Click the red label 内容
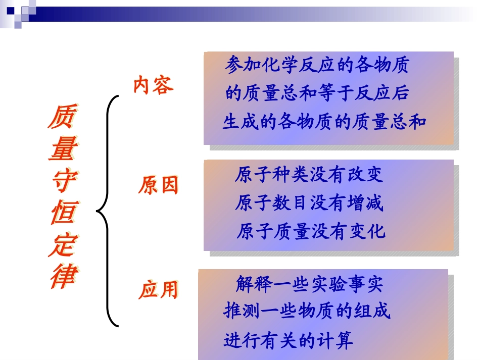[x=153, y=85]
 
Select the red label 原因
[x=159, y=186]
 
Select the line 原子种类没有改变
[x=309, y=175]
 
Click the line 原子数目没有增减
[x=309, y=203]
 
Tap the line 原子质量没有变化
[x=310, y=232]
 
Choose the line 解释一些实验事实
[x=309, y=284]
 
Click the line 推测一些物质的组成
[x=307, y=312]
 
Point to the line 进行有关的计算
[x=289, y=341]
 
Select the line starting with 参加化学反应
[x=316, y=65]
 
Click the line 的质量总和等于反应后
[x=317, y=93]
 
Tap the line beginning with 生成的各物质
[x=325, y=122]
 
